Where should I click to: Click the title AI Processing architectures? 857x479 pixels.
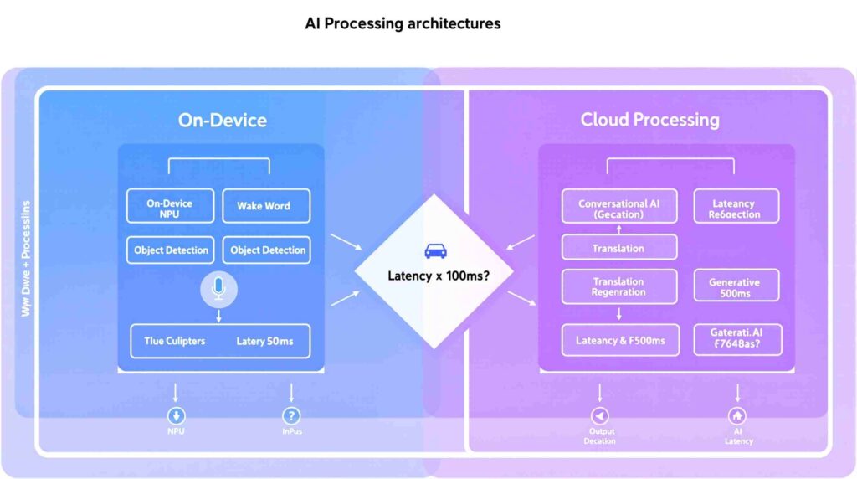403,23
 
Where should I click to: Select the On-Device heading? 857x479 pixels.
222,120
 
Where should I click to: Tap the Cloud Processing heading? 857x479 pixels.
649,120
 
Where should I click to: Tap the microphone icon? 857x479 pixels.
219,289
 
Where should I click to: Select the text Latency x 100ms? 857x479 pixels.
439,276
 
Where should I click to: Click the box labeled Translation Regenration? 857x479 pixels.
619,286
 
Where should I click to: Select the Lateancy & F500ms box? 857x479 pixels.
619,340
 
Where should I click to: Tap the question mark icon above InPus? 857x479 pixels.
291,415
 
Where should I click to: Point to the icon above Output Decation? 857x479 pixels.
600,415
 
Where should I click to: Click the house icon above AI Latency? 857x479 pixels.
737,415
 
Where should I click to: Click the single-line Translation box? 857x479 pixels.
619,248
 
